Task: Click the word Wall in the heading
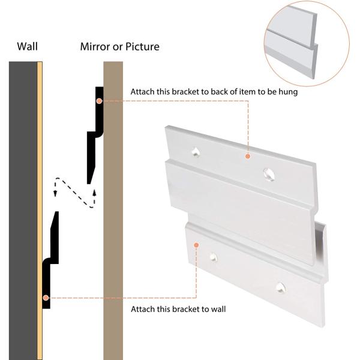click(28, 46)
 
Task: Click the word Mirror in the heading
click(95, 47)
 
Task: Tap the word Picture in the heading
click(142, 47)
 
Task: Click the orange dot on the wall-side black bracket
click(46, 298)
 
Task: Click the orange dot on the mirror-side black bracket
click(99, 101)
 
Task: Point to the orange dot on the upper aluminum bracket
click(248, 156)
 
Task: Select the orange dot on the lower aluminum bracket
click(196, 245)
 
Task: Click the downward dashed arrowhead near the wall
click(55, 193)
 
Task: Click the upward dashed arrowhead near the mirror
click(94, 193)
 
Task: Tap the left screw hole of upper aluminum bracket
click(196, 152)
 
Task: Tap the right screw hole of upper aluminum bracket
click(269, 174)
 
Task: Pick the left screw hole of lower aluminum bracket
click(213, 257)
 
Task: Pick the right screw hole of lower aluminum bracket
click(280, 287)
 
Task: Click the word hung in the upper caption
click(288, 92)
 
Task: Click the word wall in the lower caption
click(218, 309)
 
